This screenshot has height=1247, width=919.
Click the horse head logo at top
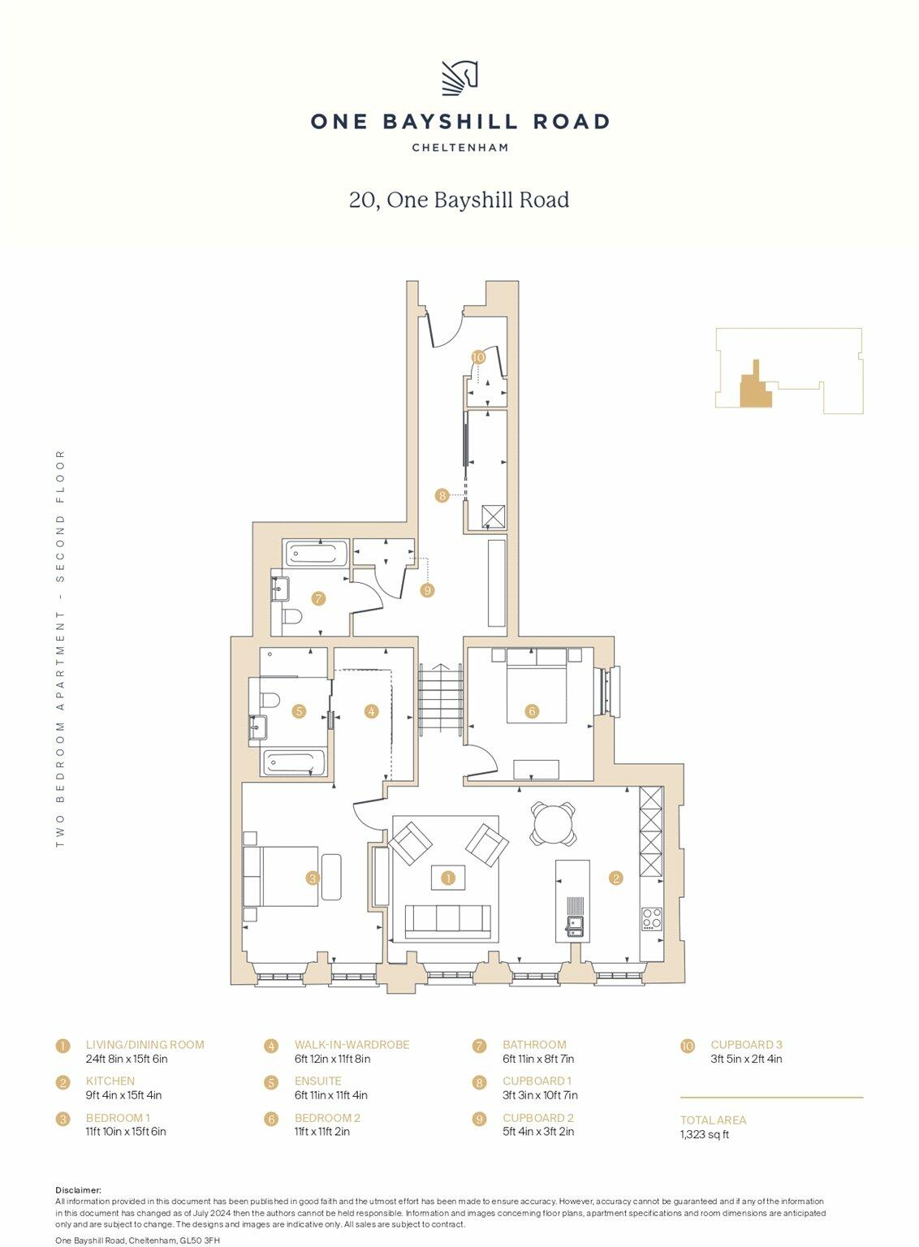[x=459, y=78]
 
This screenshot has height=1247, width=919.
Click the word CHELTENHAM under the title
[x=459, y=148]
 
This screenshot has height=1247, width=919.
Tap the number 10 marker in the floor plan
[x=478, y=357]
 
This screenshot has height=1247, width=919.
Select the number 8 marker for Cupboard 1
[x=442, y=495]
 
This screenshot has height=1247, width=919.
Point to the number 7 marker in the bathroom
[x=318, y=599]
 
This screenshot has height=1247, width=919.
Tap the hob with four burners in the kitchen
[x=652, y=919]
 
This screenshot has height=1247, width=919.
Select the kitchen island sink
[x=575, y=925]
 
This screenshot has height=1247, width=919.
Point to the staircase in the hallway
[x=440, y=698]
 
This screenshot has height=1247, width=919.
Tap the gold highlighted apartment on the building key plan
[x=755, y=387]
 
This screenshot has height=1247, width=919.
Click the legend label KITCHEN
[x=110, y=1081]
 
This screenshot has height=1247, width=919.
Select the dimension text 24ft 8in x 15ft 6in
[x=127, y=1059]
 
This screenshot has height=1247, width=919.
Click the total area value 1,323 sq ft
[x=705, y=1134]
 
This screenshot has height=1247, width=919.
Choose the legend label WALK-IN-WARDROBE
[x=352, y=1045]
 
